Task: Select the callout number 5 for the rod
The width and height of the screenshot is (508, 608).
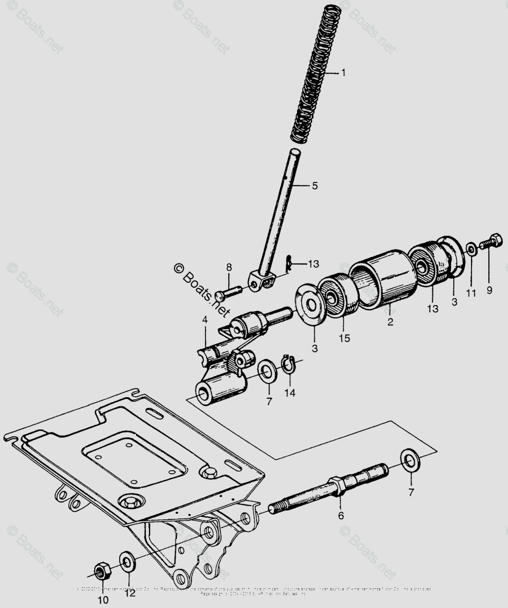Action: (x=315, y=186)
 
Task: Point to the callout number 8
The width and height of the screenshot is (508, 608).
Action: (x=229, y=267)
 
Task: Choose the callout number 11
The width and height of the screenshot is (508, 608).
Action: (x=471, y=293)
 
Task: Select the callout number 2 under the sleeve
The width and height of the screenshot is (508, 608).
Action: (x=390, y=321)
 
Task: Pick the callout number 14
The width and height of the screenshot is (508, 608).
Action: (x=289, y=392)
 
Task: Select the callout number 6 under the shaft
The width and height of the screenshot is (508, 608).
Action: (x=341, y=516)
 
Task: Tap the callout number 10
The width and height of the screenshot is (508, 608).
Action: (x=103, y=600)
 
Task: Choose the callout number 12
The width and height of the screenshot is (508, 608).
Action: (x=130, y=593)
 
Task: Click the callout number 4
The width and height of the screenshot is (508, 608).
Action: (x=205, y=320)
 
